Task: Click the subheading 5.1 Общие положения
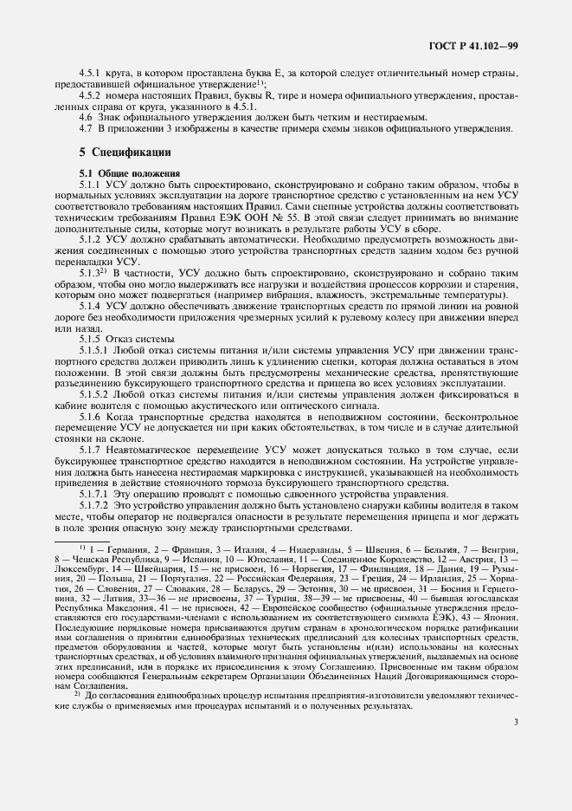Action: pos(124,173)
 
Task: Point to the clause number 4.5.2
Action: pos(93,95)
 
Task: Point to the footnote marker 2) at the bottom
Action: pos(76,693)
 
